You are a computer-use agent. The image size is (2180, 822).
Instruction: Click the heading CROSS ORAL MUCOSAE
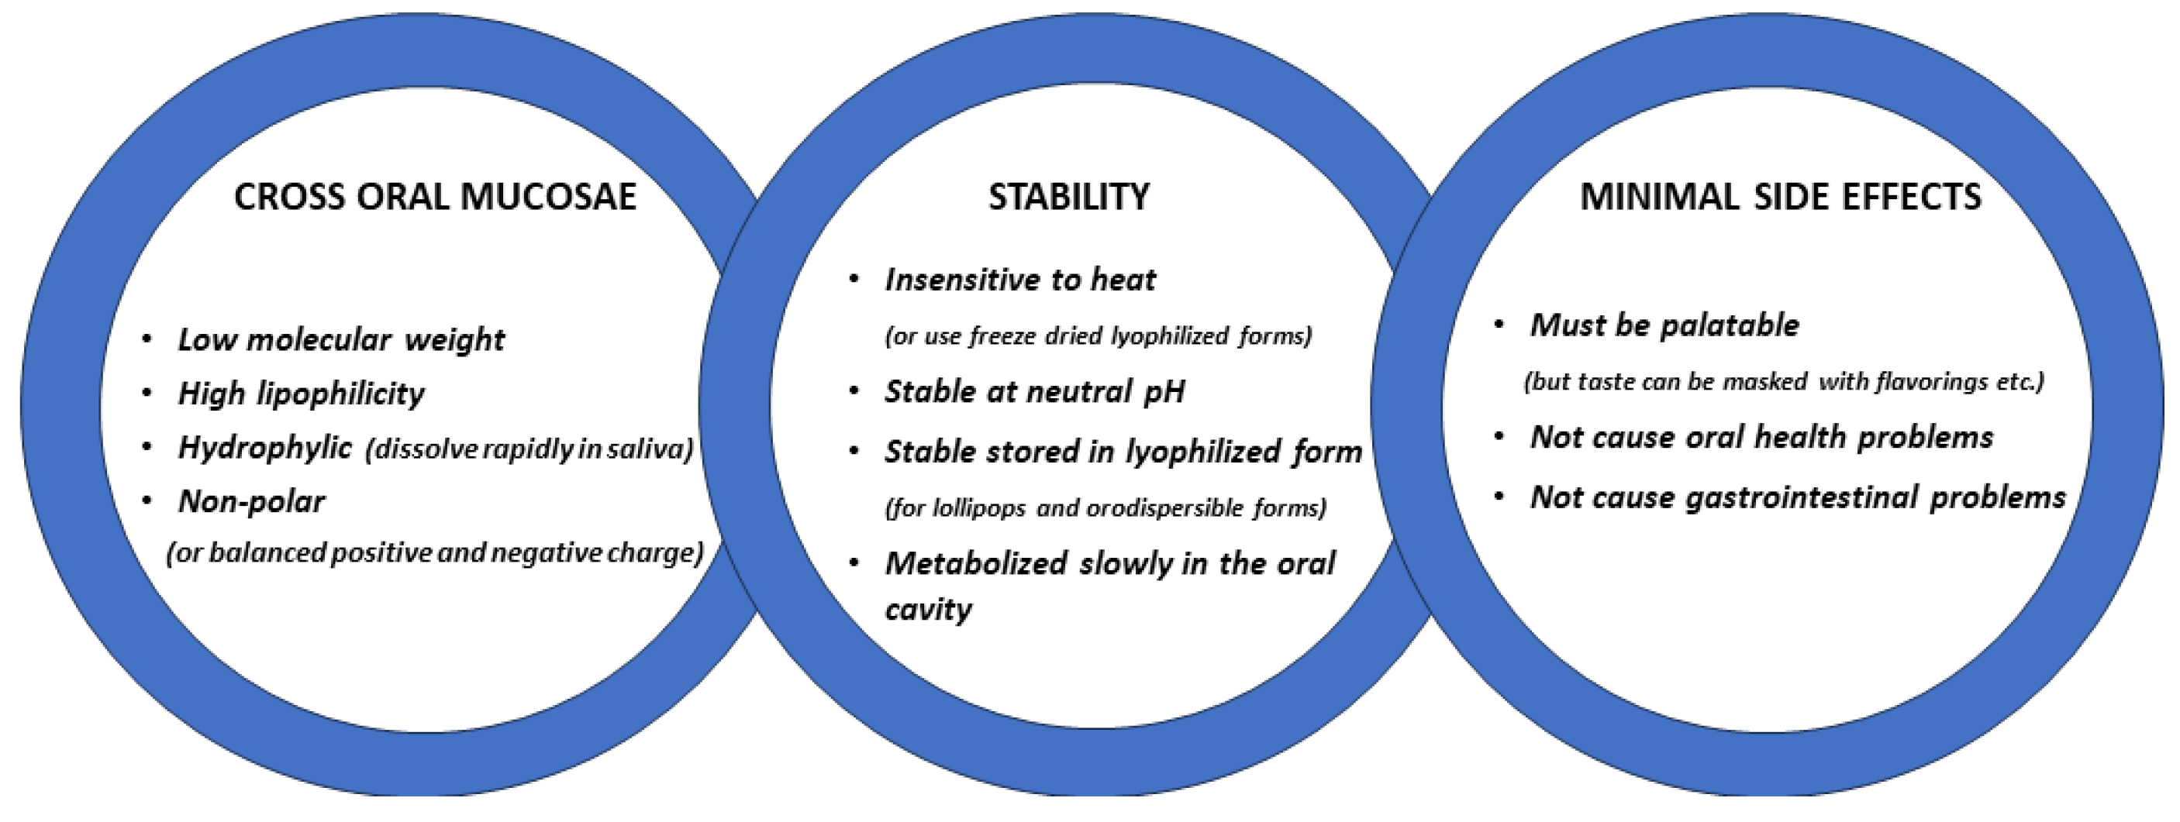[x=435, y=197]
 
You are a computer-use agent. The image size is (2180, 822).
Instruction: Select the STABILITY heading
[x=1069, y=197]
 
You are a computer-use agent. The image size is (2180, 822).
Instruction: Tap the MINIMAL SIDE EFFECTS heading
[x=1781, y=197]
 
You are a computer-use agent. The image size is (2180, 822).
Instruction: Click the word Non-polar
[x=251, y=501]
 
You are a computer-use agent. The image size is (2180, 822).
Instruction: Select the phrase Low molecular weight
[x=341, y=340]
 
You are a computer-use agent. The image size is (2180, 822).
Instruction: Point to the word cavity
[x=929, y=610]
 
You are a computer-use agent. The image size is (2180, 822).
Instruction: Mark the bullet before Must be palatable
[x=1499, y=325]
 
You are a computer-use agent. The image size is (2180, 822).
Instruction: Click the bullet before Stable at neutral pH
[x=854, y=391]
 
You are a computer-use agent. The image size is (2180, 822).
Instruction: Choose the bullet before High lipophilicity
[x=147, y=394]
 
